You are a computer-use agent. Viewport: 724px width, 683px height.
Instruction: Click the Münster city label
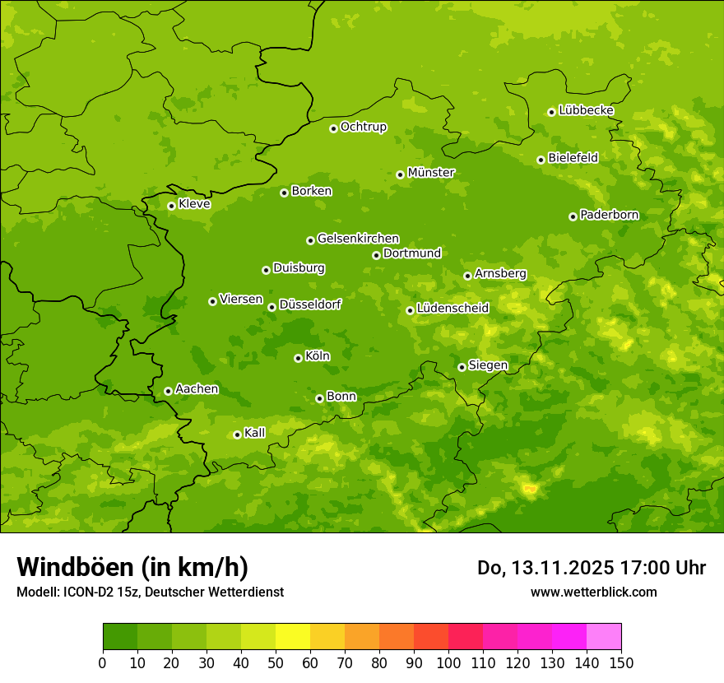[431, 173]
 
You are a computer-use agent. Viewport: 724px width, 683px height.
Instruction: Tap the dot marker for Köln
[298, 358]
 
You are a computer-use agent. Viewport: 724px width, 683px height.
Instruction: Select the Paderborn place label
[609, 215]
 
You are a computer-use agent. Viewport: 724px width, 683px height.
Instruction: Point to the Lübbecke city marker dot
[551, 112]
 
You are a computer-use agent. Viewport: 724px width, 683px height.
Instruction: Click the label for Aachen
[197, 389]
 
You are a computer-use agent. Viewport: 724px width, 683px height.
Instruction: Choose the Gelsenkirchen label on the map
[358, 239]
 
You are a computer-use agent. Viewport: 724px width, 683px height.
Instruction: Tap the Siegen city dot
[462, 367]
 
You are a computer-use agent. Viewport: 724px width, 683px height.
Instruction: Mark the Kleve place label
[194, 204]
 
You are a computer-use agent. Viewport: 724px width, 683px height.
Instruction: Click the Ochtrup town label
[363, 127]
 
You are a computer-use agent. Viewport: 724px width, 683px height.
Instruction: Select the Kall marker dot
[237, 434]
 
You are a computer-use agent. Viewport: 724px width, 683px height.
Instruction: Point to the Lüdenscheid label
[452, 309]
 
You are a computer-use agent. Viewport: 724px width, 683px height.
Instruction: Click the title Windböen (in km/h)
[132, 568]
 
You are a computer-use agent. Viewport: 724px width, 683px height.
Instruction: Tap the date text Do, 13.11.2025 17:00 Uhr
[592, 568]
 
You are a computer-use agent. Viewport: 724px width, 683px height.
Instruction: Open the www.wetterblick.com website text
[593, 592]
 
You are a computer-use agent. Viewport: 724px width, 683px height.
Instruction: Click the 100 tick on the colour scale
[448, 662]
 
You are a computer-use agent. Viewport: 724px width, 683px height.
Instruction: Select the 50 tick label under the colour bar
[276, 662]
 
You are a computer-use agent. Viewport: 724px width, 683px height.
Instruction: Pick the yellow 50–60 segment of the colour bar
[293, 637]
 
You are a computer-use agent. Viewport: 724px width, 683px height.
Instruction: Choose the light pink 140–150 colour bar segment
[604, 637]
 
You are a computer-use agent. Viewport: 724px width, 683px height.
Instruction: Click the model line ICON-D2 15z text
[150, 592]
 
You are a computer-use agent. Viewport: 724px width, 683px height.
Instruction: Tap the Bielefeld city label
[573, 158]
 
